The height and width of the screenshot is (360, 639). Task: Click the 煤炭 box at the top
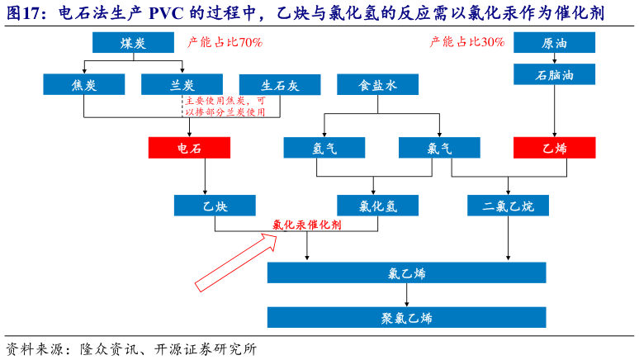click(133, 43)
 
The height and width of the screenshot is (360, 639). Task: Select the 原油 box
click(554, 43)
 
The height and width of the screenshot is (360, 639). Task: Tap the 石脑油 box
click(554, 74)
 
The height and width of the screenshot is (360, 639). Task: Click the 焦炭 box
click(85, 84)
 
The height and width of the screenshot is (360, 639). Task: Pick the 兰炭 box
click(181, 84)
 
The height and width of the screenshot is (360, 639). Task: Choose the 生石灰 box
click(280, 84)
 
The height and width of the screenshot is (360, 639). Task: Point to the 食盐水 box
click(377, 84)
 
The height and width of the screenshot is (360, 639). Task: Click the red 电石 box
click(189, 148)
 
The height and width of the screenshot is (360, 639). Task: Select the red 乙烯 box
click(554, 148)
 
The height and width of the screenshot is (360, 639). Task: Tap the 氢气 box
click(324, 148)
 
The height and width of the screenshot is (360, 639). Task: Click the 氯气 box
click(439, 148)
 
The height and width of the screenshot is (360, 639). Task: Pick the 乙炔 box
click(215, 206)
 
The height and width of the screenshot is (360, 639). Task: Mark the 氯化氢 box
click(377, 206)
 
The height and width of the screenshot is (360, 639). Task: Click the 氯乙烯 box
click(406, 273)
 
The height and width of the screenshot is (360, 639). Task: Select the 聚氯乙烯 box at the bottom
click(406, 317)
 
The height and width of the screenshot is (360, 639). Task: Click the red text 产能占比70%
click(225, 42)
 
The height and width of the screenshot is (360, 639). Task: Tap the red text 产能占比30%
click(467, 42)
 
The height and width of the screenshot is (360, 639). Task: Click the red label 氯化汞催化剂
click(307, 225)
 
